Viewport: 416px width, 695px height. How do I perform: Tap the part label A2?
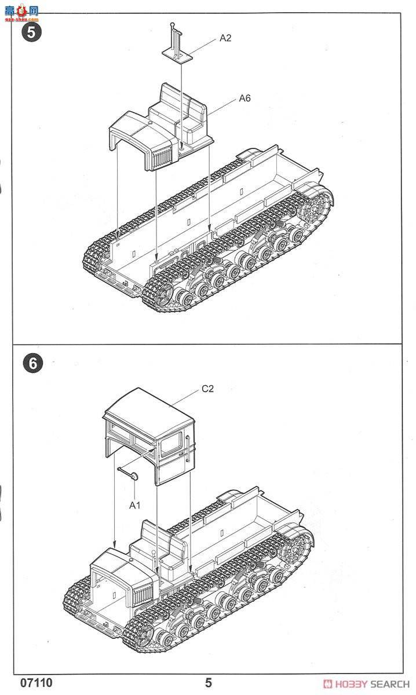[225, 38]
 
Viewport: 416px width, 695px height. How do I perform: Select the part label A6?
[245, 98]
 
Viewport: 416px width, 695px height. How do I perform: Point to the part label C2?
[207, 389]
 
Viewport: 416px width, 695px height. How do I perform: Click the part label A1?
[134, 505]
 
